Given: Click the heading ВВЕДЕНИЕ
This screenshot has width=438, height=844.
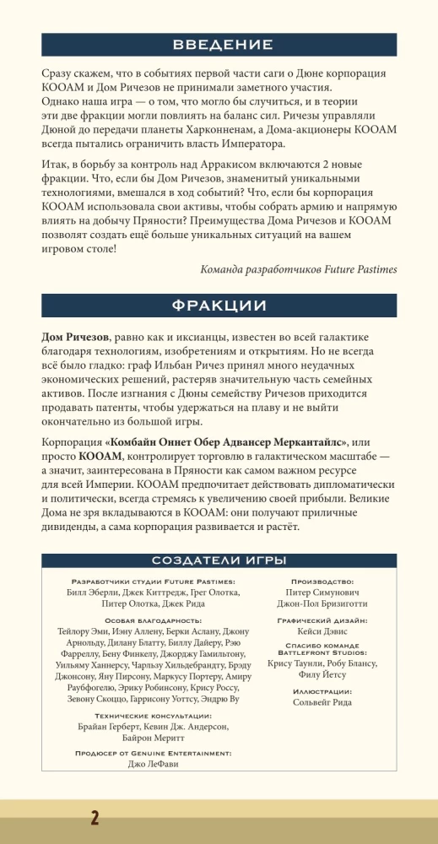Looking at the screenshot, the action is pyautogui.click(x=219, y=45).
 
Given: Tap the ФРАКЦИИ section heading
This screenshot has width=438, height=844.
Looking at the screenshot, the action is pyautogui.click(x=219, y=305).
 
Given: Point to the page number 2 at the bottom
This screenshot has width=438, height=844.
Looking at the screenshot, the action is pyautogui.click(x=95, y=818).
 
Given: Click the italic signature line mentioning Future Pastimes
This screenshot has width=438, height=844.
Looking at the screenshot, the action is pyautogui.click(x=299, y=268).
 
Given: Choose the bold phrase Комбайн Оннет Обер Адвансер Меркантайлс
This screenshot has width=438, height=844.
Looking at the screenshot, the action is pyautogui.click(x=228, y=443).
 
